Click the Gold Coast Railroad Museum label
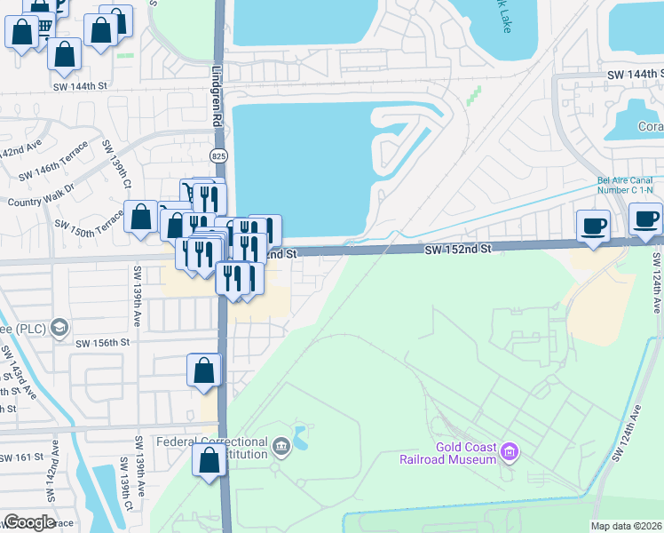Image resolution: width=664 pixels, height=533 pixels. [465, 453]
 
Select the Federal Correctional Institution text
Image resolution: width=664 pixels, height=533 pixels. [211, 448]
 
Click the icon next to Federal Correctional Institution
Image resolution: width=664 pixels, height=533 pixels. [281, 446]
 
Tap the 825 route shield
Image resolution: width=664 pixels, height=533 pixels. [218, 155]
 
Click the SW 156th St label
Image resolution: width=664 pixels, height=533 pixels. [103, 343]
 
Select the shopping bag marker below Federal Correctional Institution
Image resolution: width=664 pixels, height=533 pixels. [209, 461]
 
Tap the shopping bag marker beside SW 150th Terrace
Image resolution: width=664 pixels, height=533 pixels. [141, 217]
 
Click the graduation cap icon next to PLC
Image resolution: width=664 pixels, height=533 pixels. [59, 327]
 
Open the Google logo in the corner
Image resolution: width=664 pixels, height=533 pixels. [29, 522]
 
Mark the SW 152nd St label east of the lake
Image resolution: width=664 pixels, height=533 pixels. [457, 251]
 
